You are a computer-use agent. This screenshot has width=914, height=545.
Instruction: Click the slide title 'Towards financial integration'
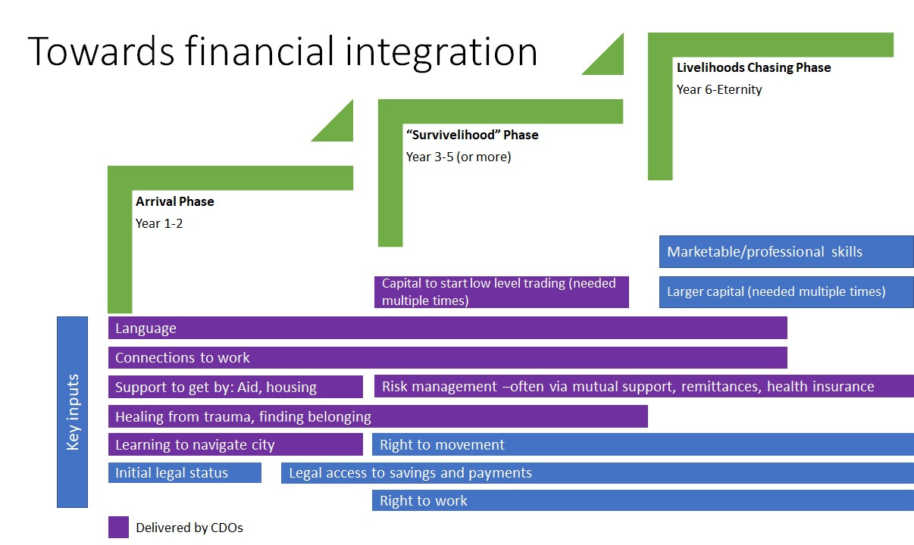[282, 51]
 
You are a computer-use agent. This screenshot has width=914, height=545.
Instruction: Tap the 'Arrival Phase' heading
[174, 201]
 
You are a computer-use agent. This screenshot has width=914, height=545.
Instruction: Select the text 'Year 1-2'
[158, 223]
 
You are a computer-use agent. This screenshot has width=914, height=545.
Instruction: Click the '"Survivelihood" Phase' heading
[471, 135]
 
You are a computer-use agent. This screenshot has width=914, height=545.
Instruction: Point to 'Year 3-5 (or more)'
[458, 157]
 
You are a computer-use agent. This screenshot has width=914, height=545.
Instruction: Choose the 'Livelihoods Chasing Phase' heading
[753, 67]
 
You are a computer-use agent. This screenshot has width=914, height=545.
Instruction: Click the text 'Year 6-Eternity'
[718, 89]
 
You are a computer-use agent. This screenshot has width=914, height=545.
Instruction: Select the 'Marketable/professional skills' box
[786, 252]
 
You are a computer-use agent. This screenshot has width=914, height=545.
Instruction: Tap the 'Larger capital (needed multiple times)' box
[786, 291]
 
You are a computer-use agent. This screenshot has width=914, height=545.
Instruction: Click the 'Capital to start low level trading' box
[501, 292]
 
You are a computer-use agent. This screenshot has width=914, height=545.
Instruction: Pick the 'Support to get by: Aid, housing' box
[235, 387]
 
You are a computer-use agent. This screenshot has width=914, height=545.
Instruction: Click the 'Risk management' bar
[643, 387]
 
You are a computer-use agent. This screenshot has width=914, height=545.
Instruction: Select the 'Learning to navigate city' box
[235, 444]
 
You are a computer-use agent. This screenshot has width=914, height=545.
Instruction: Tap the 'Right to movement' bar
[643, 444]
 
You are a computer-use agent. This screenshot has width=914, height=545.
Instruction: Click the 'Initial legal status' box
[184, 473]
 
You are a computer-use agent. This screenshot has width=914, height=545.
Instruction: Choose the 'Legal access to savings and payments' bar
[597, 473]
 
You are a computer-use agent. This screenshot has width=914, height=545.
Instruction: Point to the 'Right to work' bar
[643, 500]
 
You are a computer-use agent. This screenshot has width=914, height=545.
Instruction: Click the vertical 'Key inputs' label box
[72, 412]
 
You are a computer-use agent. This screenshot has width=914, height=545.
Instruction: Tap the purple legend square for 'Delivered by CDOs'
[118, 528]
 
